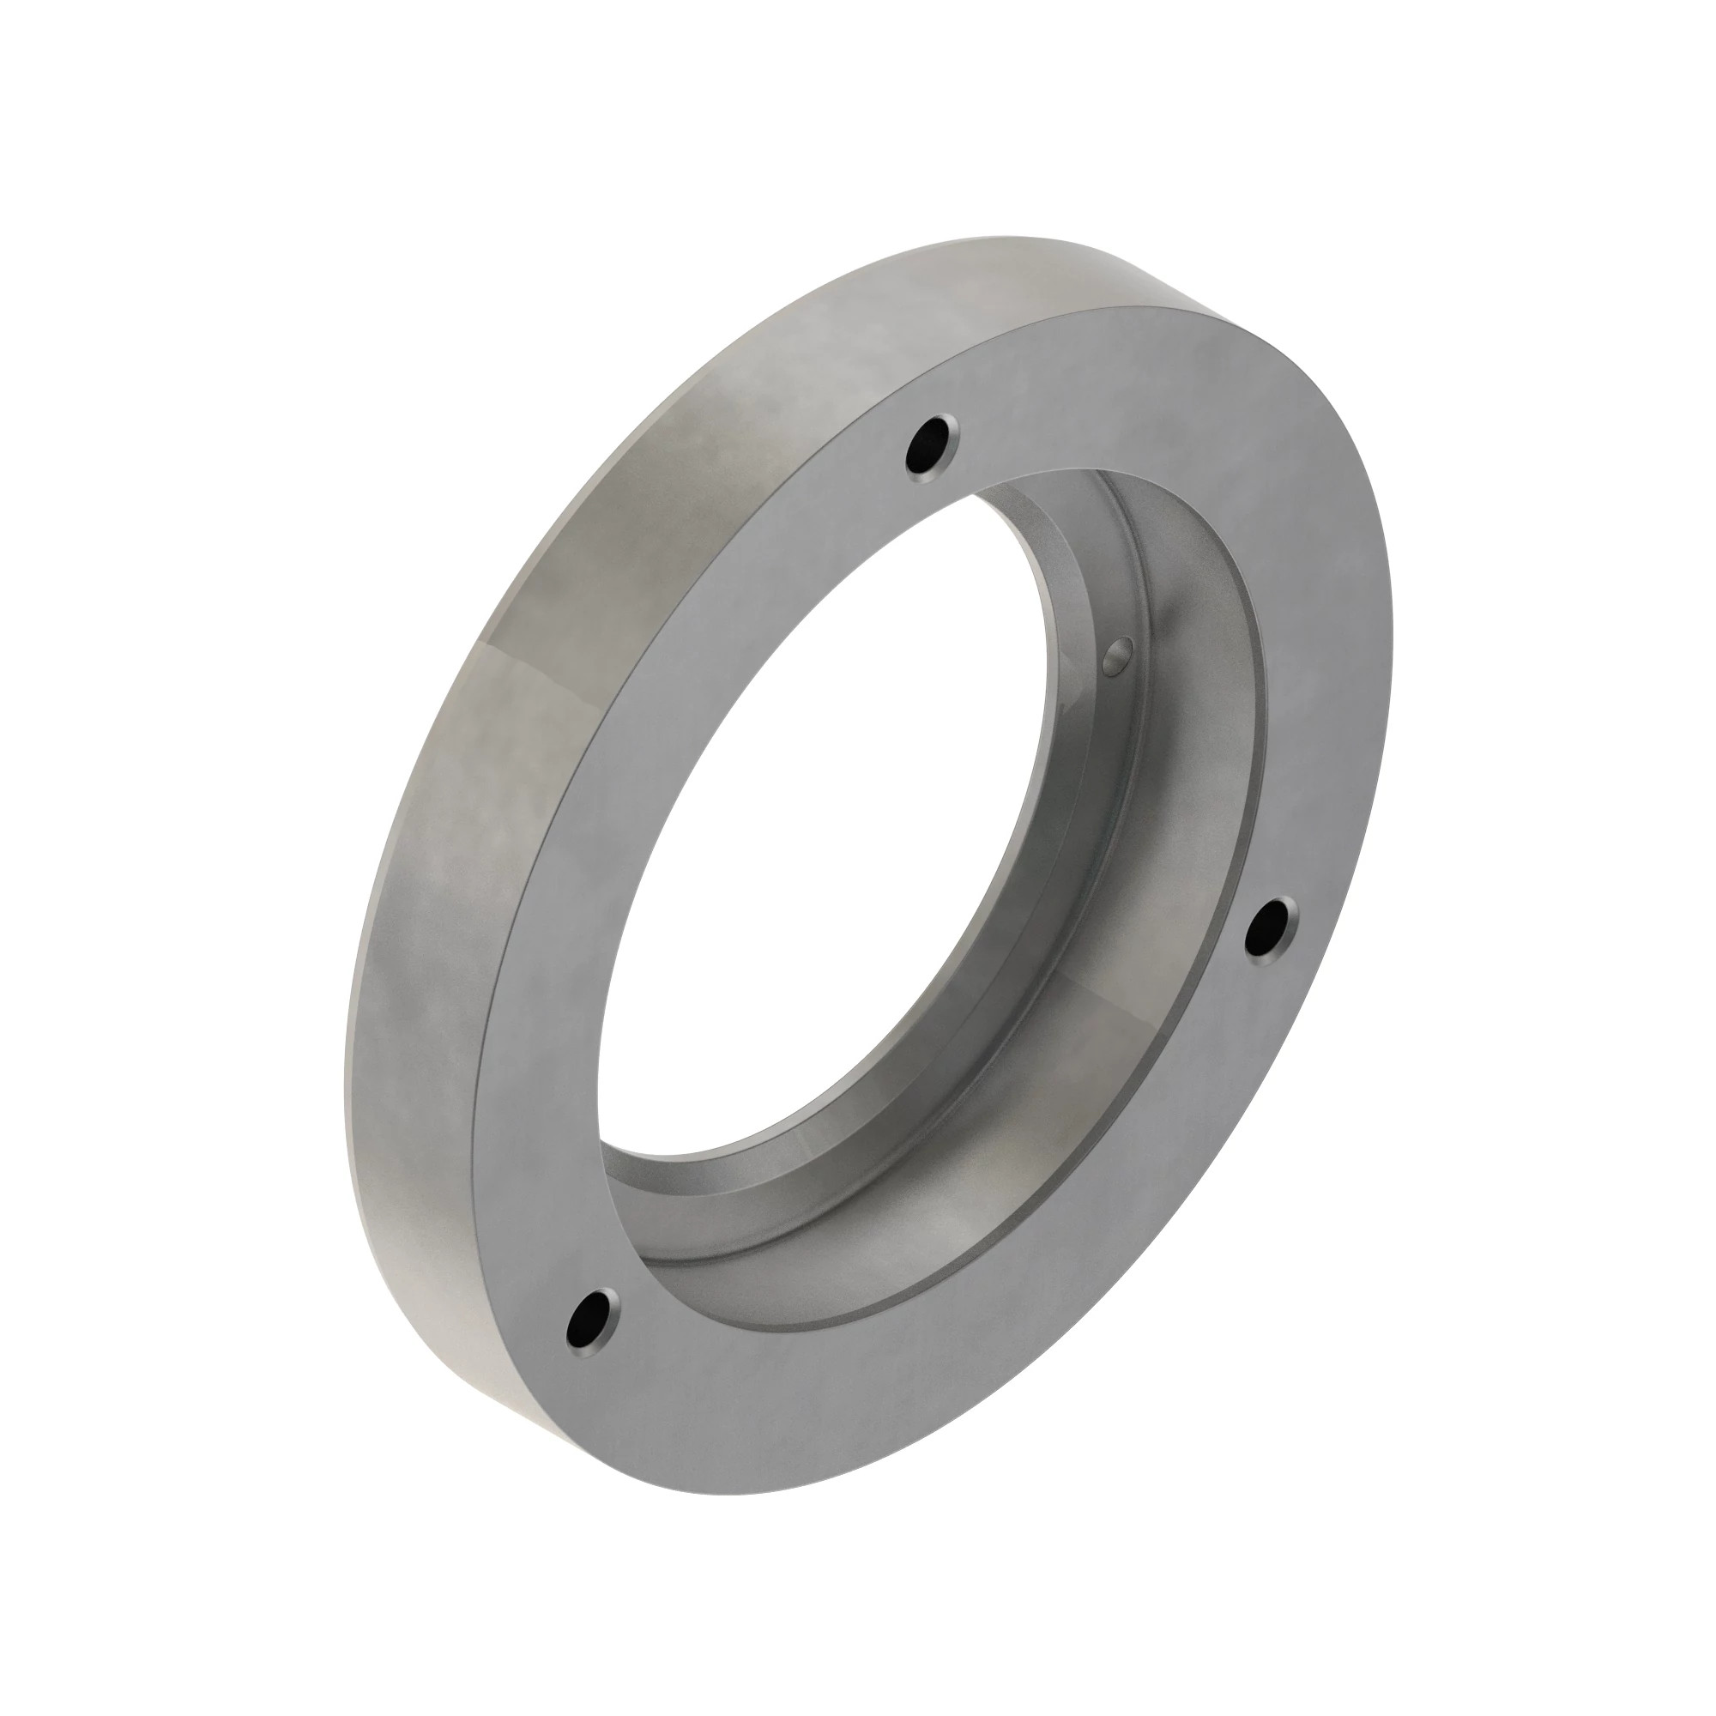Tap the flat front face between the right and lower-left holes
1021,1332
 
